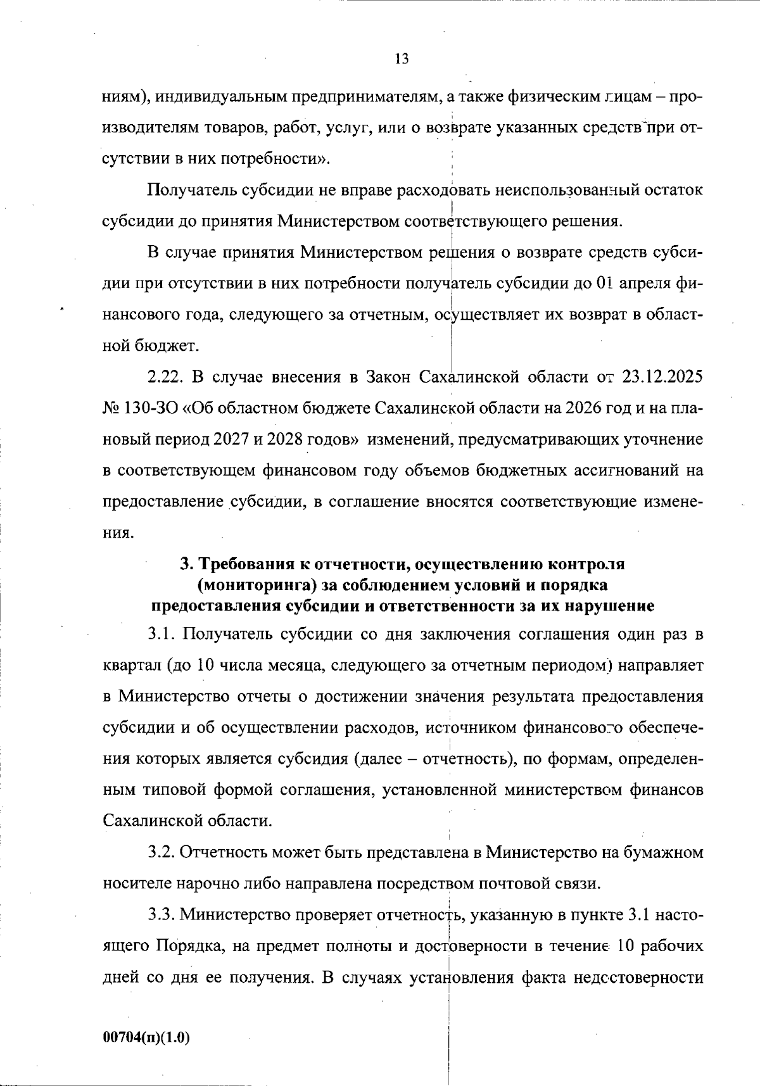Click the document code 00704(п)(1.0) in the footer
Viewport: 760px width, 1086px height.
click(x=146, y=1037)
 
